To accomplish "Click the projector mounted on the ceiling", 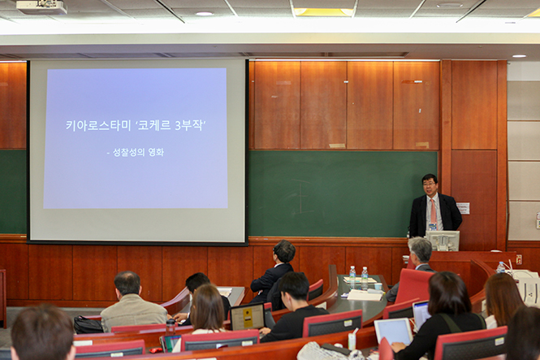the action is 41,7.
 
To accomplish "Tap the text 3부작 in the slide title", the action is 188,125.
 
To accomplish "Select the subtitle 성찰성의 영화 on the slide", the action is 138,152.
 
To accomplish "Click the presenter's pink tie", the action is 434,210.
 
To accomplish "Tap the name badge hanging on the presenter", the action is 432,227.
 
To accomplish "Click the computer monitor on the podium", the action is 443,241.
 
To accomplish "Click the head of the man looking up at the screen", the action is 284,251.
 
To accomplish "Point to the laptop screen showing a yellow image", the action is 248,317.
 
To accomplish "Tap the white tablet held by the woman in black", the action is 393,331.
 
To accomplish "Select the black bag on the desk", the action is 88,324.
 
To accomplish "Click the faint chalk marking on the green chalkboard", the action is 300,196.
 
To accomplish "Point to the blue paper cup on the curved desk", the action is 378,286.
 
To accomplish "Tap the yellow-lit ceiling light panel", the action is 323,12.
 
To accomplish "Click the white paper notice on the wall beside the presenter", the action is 463,208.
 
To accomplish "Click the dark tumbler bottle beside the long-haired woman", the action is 171,327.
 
